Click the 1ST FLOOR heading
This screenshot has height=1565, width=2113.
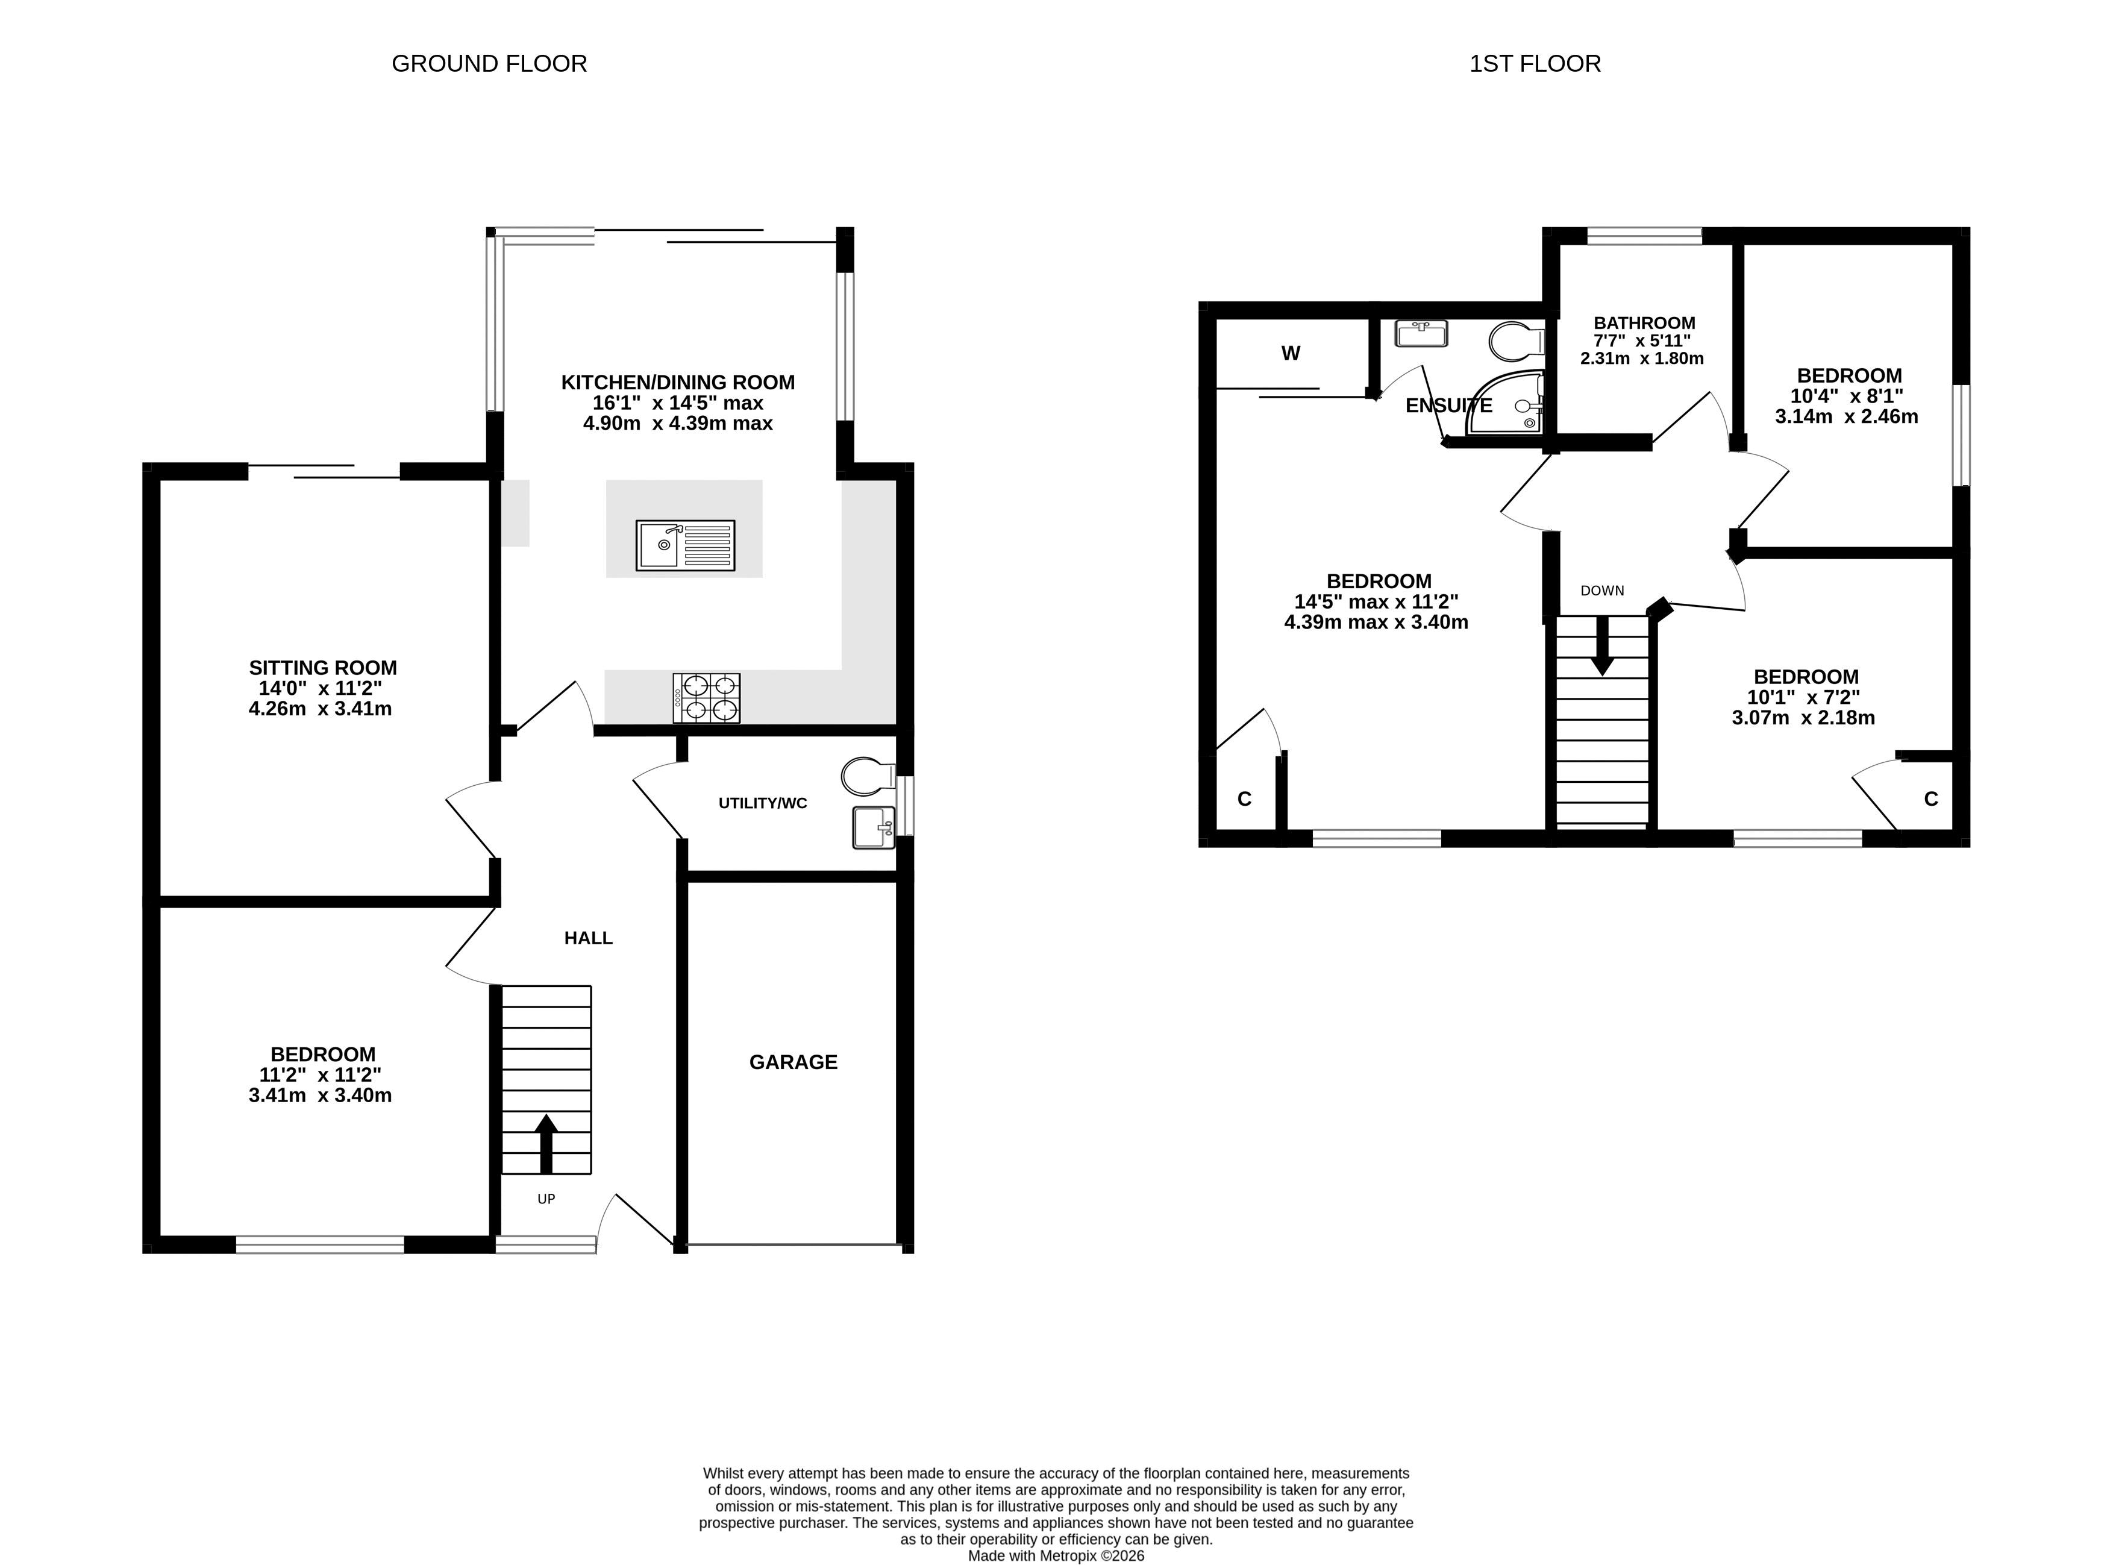1535,63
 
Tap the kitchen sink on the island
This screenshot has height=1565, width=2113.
686,545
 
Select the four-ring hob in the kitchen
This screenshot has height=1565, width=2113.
707,698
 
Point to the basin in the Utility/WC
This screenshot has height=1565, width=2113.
873,827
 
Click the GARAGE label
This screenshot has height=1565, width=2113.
794,1062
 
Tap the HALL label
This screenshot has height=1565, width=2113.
588,938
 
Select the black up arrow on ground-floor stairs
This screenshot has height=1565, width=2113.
545,1144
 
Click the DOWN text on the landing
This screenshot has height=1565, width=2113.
1603,590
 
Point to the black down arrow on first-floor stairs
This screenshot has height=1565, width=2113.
1601,646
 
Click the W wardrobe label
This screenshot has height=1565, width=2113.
1291,353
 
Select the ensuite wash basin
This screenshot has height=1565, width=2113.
1421,333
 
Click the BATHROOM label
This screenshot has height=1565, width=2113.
1644,323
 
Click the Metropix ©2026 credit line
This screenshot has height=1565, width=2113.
1056,1555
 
